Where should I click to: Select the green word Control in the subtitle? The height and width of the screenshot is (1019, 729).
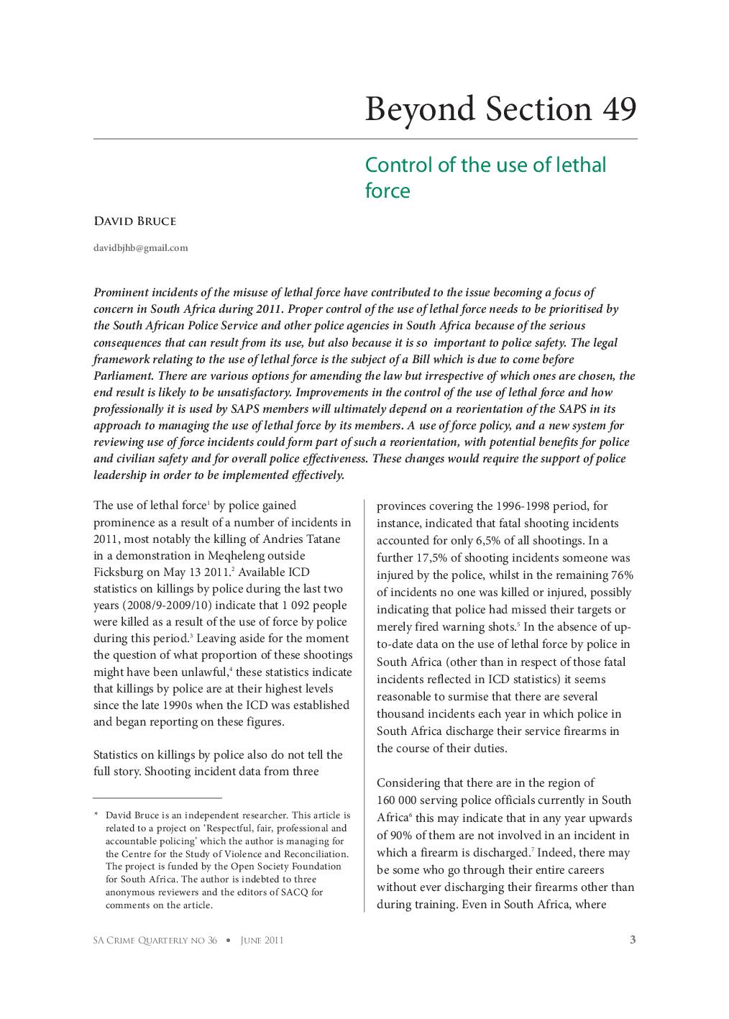coord(399,165)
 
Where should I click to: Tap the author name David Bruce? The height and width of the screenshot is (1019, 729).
coord(134,221)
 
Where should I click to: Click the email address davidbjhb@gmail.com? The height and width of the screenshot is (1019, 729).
coord(141,247)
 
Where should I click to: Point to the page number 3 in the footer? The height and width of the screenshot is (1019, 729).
coord(633,939)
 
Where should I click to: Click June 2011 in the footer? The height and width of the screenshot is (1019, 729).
coord(262,940)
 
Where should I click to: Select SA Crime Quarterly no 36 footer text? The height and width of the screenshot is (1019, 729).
coord(155,940)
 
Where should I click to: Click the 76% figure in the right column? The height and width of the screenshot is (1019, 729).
coord(620,575)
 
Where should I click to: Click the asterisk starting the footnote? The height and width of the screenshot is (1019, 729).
coord(96,816)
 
